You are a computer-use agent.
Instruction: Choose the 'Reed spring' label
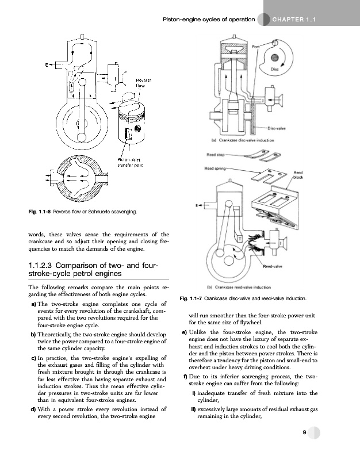click(x=216, y=168)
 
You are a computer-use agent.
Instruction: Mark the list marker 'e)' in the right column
click(x=184, y=332)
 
